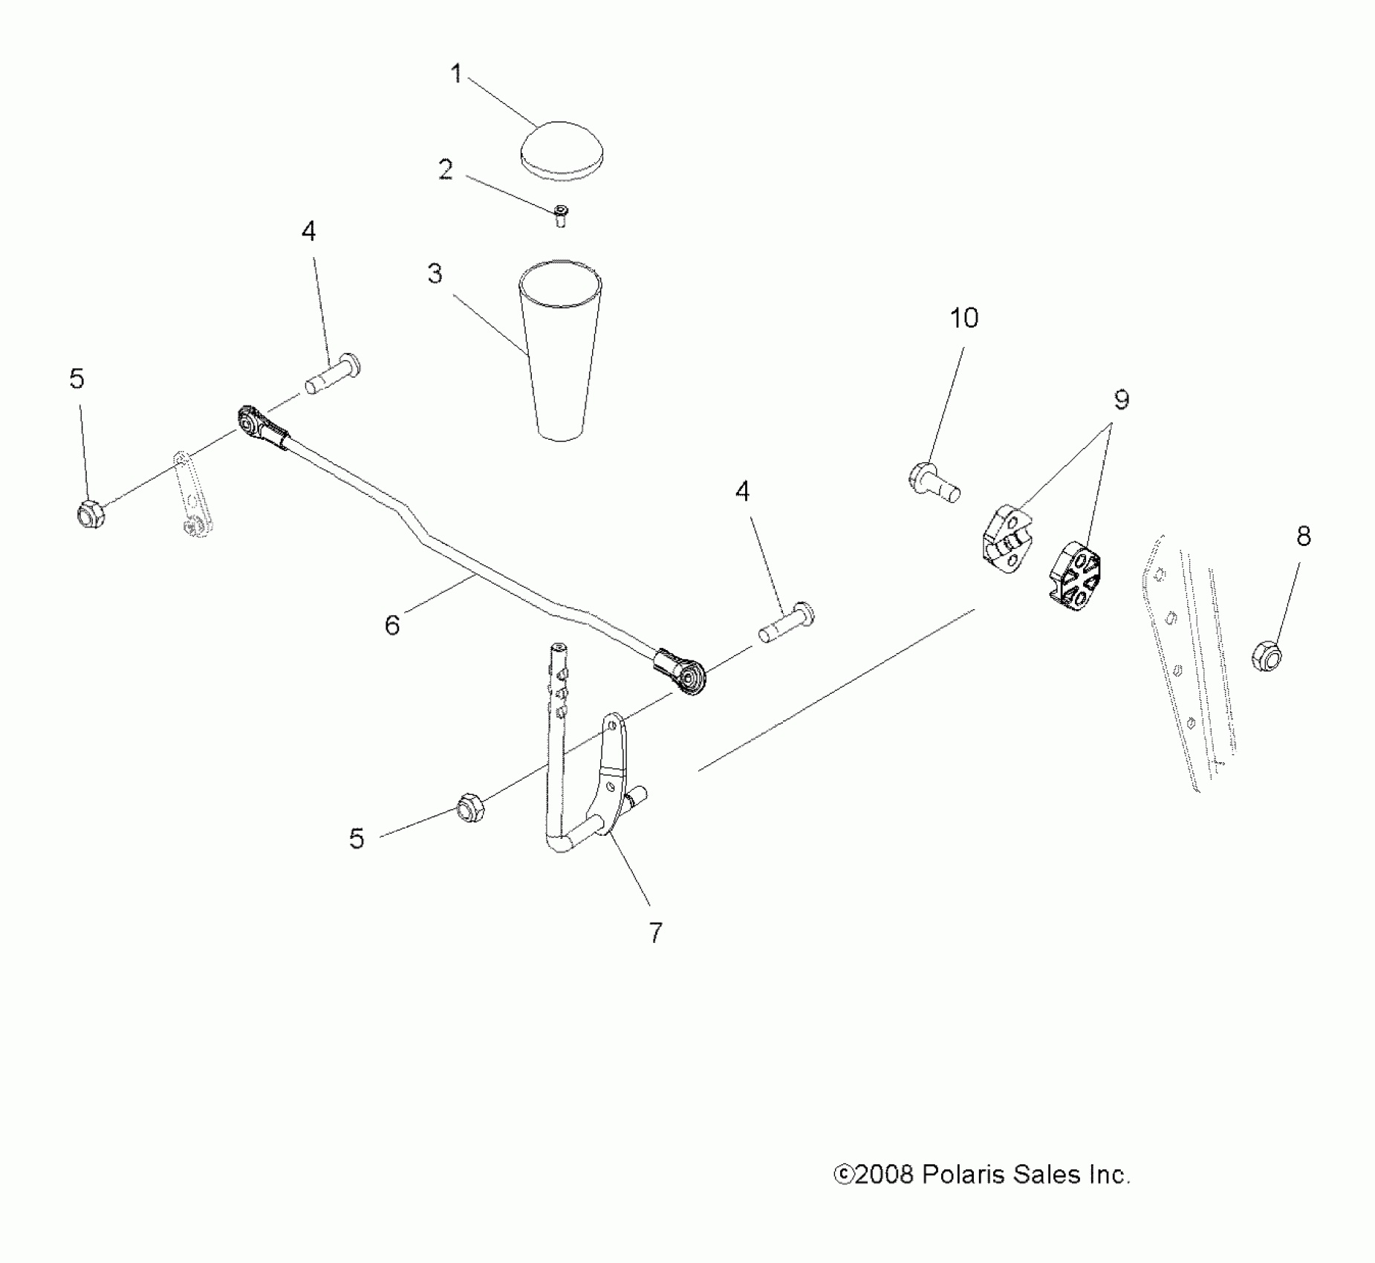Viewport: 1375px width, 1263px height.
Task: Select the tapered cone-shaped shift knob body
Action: [562, 349]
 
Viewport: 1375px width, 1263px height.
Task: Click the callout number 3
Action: [435, 274]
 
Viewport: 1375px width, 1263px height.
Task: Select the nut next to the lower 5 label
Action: [469, 808]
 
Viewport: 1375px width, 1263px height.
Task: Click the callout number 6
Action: [391, 625]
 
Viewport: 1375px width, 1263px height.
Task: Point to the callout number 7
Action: [654, 932]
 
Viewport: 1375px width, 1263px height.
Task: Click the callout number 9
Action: [1121, 400]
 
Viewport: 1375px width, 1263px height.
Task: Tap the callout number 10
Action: [964, 318]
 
